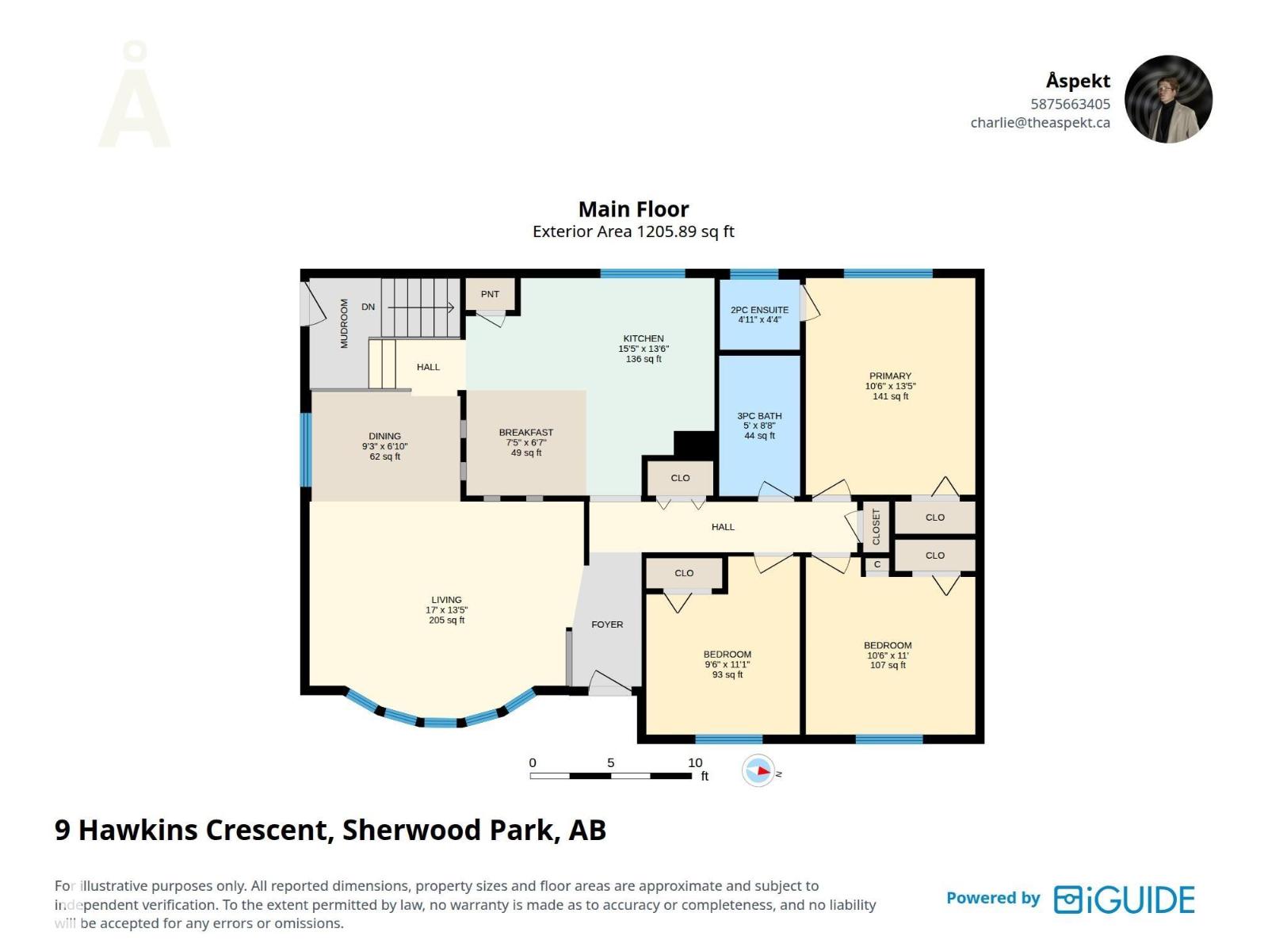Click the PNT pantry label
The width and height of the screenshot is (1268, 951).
[490, 295]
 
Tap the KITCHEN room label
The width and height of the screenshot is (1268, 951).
[644, 338]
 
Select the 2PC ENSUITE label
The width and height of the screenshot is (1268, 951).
[759, 310]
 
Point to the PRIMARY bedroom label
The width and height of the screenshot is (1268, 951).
[890, 376]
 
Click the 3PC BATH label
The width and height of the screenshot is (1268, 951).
[759, 416]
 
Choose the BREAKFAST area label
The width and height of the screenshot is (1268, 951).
[525, 433]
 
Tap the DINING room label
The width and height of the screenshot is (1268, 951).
[384, 437]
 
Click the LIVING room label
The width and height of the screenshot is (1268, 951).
[446, 600]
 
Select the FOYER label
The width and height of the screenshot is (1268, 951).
[607, 624]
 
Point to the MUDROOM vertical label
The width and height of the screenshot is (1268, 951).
[344, 323]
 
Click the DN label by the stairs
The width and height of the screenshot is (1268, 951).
[368, 307]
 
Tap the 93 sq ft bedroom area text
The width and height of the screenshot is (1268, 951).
[728, 674]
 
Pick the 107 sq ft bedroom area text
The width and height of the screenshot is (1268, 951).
[888, 665]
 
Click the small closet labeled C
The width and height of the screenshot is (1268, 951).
[877, 565]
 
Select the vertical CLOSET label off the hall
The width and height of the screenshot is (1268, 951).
[876, 526]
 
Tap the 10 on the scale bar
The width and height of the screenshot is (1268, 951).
[695, 762]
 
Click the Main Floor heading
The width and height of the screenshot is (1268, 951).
[634, 209]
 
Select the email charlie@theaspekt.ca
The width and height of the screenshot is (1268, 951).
[1040, 123]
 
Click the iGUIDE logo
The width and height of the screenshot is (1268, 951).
[1124, 899]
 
